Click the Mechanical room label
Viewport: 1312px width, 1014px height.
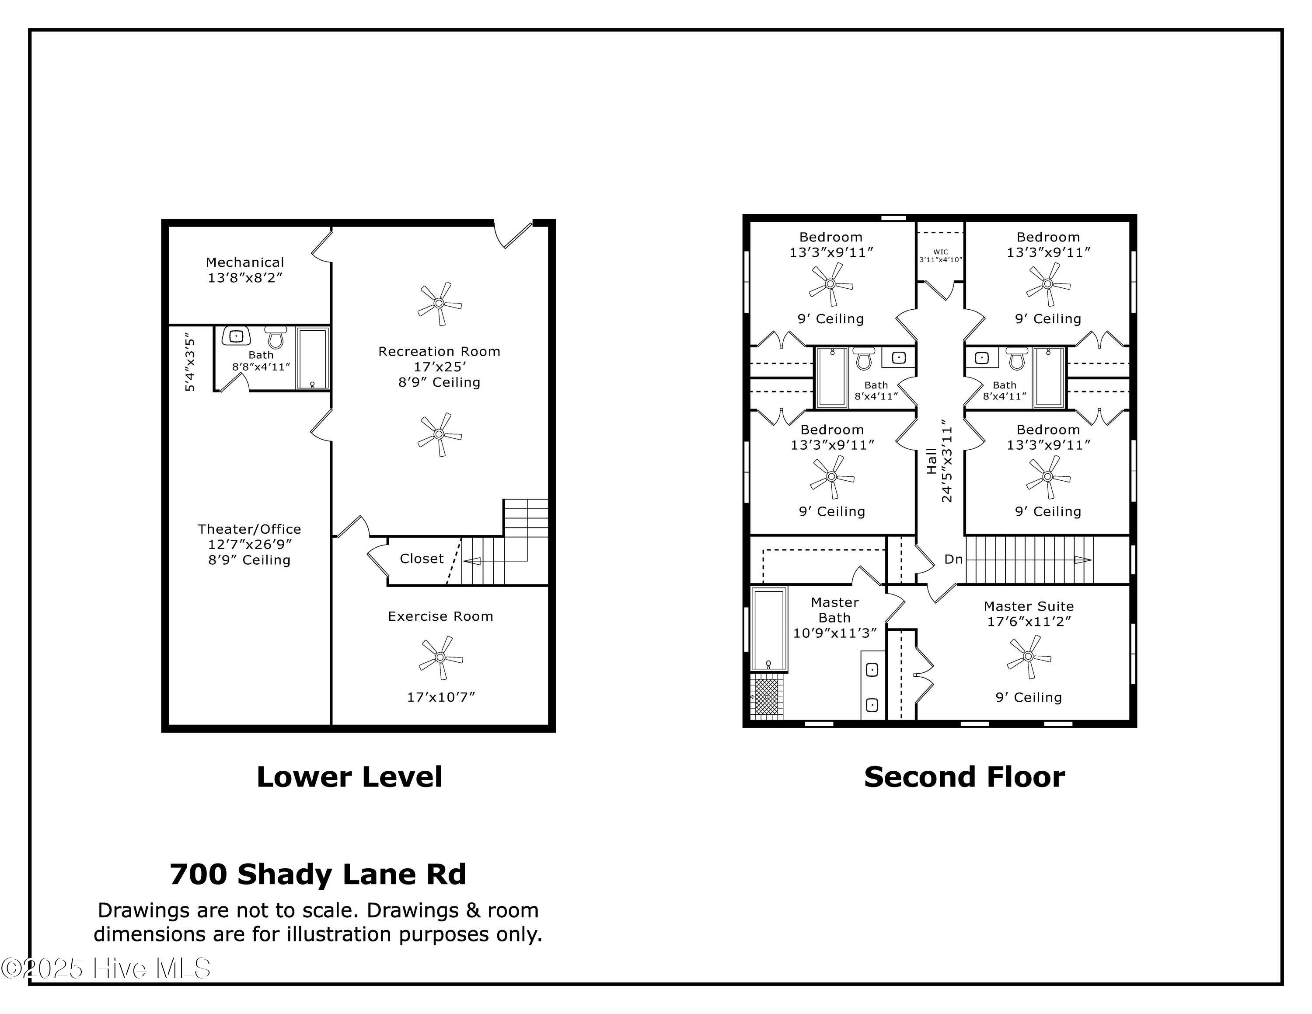pos(245,262)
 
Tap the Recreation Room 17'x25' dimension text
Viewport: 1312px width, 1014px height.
pos(440,367)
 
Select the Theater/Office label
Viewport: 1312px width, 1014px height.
pos(249,529)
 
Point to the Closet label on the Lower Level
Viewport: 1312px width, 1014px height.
pos(422,559)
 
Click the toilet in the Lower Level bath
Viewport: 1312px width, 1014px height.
pos(276,338)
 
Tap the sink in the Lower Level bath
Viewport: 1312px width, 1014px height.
pos(236,336)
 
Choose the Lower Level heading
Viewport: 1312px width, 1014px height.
pos(349,777)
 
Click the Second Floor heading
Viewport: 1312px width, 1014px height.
pos(965,777)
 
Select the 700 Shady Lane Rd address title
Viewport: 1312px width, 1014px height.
pos(318,874)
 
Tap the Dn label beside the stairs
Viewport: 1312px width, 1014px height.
pos(954,559)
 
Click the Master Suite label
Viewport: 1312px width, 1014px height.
pos(1029,607)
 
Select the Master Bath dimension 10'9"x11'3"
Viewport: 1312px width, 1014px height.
pos(835,633)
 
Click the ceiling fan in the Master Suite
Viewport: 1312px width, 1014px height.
pos(1029,657)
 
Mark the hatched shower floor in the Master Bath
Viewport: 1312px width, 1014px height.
pos(767,697)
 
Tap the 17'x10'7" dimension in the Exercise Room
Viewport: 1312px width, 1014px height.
pos(441,697)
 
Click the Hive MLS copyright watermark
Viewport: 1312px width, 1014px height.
pos(106,969)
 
